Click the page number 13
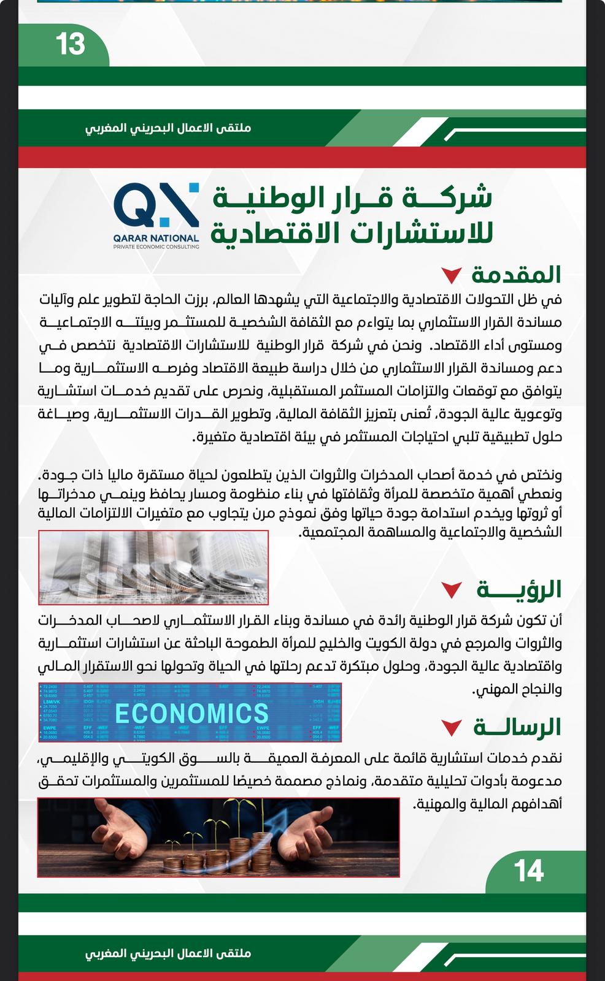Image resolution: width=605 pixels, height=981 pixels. tap(70, 44)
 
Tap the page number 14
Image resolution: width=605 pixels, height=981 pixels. tap(528, 870)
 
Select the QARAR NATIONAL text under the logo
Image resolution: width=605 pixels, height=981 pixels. tap(156, 238)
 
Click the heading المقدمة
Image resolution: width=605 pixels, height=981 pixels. tap(516, 275)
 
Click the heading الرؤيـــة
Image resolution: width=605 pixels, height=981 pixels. tap(519, 589)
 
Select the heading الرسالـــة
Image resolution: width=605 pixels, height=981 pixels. tap(517, 727)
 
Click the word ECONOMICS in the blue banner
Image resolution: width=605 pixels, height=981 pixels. tap(191, 713)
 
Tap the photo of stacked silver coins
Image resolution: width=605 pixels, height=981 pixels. tap(153, 567)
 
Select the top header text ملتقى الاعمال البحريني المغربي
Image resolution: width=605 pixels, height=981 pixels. tap(168, 129)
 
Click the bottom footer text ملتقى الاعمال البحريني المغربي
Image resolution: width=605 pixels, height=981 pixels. tap(168, 953)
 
